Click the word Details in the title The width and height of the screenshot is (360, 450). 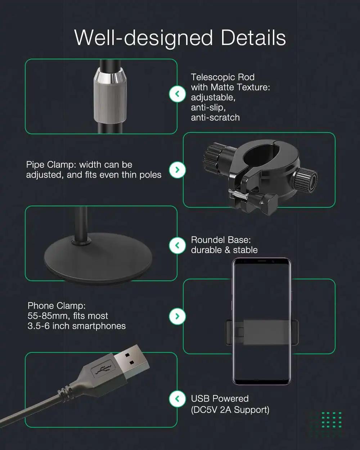coord(253,38)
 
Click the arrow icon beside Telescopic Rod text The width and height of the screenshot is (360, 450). coord(177,94)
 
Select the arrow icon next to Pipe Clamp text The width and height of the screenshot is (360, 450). coord(177,170)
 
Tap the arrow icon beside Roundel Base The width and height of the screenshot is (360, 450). coord(177,246)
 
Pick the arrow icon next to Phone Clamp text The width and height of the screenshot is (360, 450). coord(177,316)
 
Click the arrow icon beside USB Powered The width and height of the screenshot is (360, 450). coord(177,399)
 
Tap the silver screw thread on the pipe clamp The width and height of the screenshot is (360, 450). coord(238,194)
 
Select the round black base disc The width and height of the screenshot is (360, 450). coord(98,259)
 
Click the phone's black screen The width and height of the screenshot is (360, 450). coord(261,321)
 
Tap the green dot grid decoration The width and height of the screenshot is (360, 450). coord(332,420)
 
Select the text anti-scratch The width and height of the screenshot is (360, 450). coord(215,117)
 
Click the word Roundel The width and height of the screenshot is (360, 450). coord(208,240)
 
